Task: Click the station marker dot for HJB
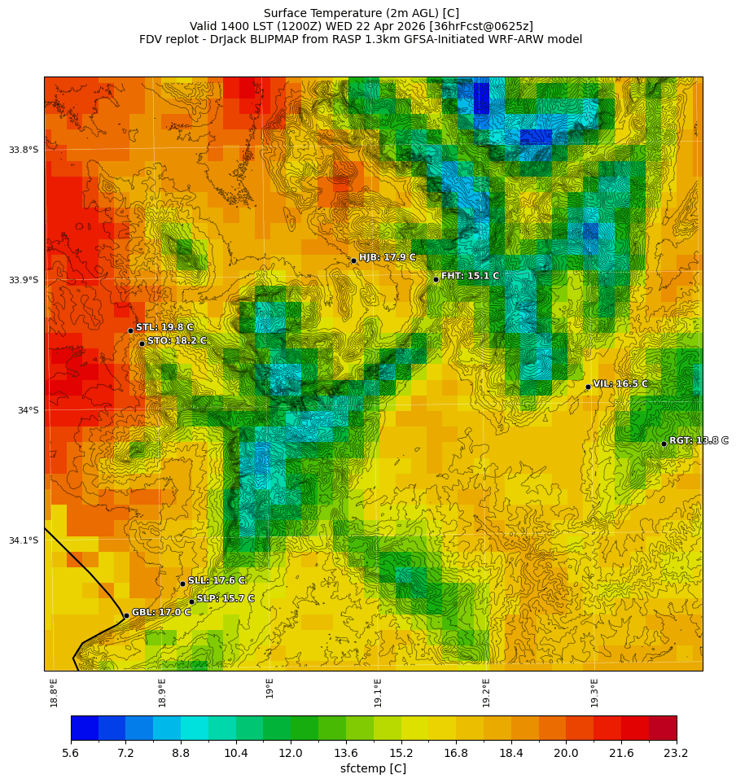[x=353, y=260]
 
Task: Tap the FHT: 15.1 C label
[x=470, y=276]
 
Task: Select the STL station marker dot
[x=130, y=330]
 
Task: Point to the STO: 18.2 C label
[x=177, y=340]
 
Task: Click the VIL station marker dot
[x=588, y=387]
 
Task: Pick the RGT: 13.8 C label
[x=699, y=440]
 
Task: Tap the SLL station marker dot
[x=182, y=584]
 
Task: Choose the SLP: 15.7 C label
[x=226, y=598]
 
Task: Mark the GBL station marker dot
[x=126, y=615]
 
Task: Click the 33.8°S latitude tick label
[x=24, y=150]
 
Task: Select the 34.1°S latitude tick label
[x=24, y=540]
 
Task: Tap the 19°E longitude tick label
[x=269, y=688]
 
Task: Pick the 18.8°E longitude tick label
[x=54, y=692]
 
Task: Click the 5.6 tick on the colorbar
[x=71, y=754]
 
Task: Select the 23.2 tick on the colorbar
[x=677, y=754]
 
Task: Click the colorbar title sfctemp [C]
[x=373, y=768]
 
